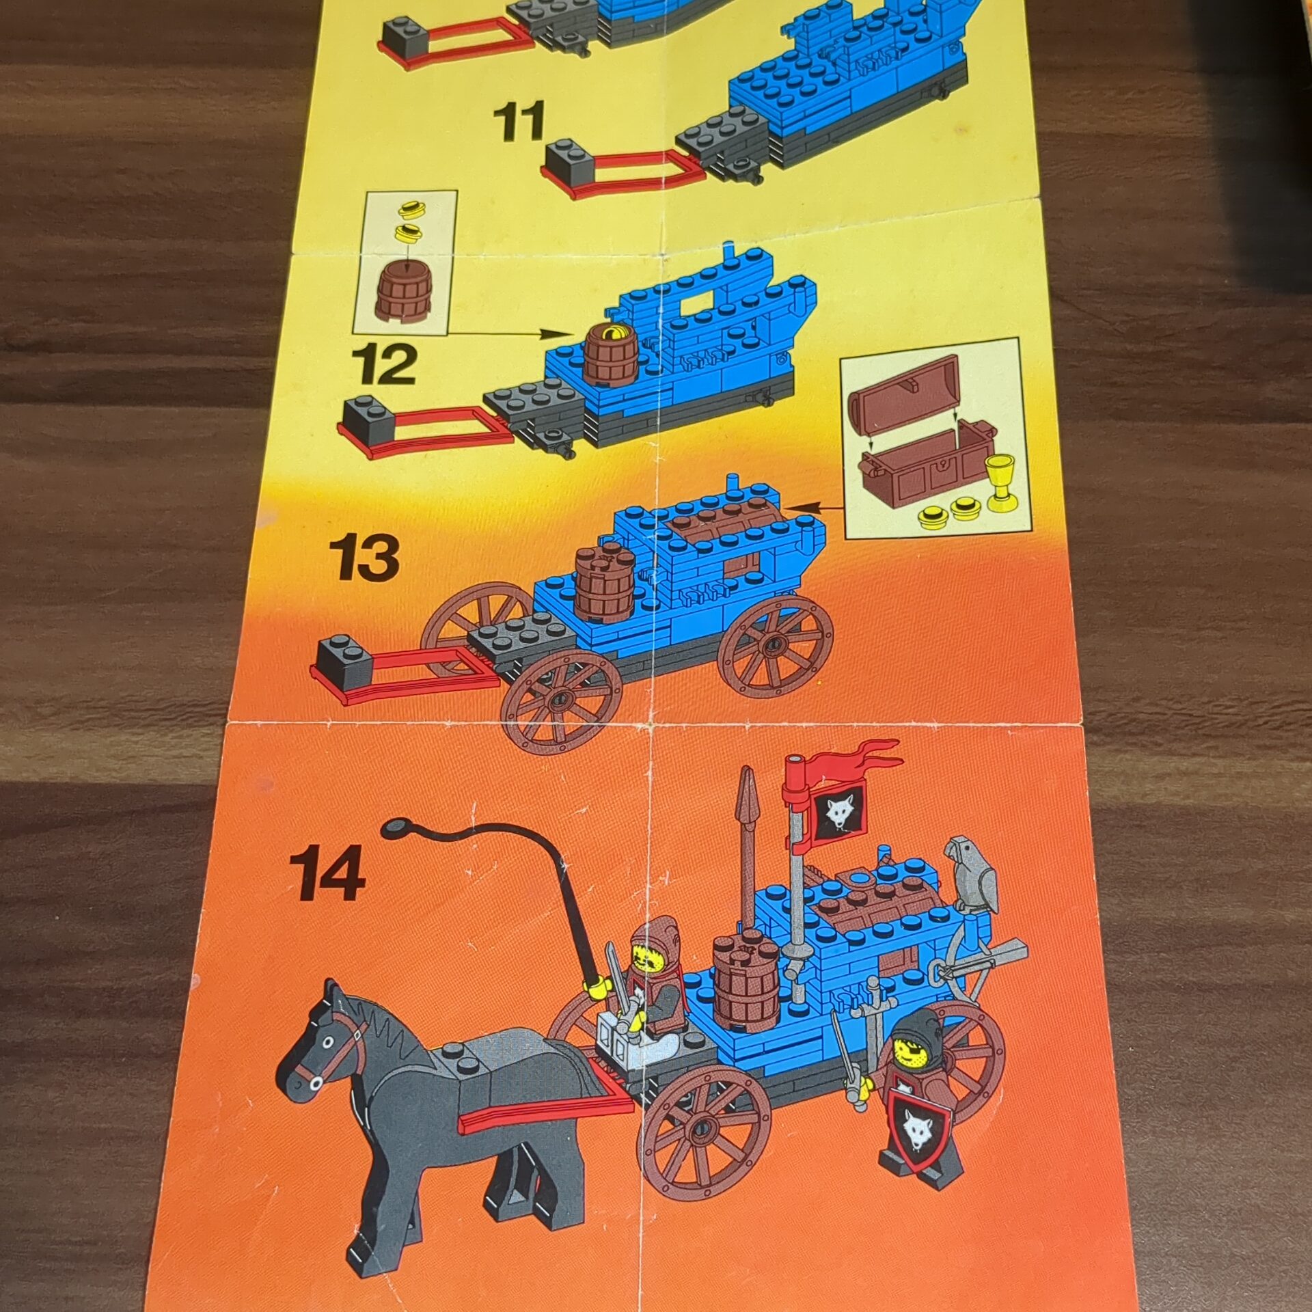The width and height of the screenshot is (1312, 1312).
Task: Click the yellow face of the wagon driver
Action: point(646,961)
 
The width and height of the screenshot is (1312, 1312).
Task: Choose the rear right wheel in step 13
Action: point(776,645)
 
